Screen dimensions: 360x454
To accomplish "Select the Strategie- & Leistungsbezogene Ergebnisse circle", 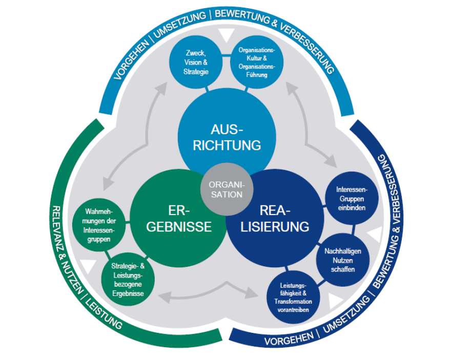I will [128, 280].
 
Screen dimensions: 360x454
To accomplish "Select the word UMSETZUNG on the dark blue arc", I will [343, 320].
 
